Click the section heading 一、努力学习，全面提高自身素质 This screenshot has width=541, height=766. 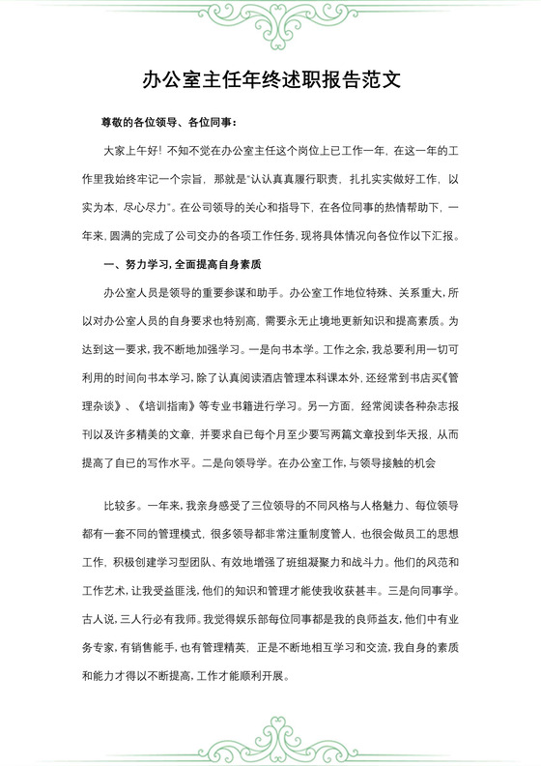(x=183, y=264)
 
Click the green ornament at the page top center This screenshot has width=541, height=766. (x=270, y=15)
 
